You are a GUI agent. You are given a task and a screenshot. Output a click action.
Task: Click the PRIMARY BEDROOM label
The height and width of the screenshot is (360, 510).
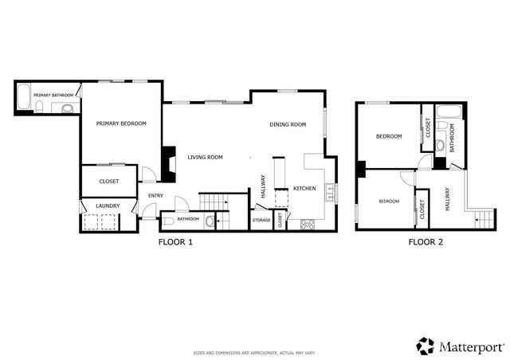[x=121, y=123]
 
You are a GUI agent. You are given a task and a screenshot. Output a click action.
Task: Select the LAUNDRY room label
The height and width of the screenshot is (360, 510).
[x=108, y=206]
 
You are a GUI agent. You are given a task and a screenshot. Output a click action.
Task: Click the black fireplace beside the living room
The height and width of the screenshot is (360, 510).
[x=167, y=163]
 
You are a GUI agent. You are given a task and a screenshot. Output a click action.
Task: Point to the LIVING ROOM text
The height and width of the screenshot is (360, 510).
[x=205, y=157]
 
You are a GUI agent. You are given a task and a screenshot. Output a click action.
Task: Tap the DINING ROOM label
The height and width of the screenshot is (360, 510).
[x=288, y=124]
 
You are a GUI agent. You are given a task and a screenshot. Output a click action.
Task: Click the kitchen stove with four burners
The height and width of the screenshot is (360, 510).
[x=307, y=224]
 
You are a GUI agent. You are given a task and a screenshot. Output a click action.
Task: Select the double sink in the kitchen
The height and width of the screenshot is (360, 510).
[x=331, y=194]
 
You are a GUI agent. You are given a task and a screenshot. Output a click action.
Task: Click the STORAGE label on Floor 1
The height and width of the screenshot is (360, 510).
[x=261, y=220]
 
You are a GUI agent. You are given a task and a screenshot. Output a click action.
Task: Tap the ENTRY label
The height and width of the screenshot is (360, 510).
[x=155, y=196]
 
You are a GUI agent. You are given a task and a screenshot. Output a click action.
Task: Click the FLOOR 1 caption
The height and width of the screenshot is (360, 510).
[x=175, y=242]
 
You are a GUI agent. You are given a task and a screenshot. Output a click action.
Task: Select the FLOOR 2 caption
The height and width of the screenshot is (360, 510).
[x=426, y=242]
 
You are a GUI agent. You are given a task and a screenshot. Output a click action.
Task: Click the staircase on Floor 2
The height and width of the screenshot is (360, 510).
[x=483, y=217]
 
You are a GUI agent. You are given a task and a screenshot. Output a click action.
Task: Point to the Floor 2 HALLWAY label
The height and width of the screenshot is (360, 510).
[x=447, y=200]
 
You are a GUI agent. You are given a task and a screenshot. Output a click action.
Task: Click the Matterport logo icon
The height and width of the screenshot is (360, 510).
[x=426, y=345]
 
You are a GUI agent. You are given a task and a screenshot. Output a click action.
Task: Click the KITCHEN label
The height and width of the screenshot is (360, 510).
[x=305, y=188]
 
